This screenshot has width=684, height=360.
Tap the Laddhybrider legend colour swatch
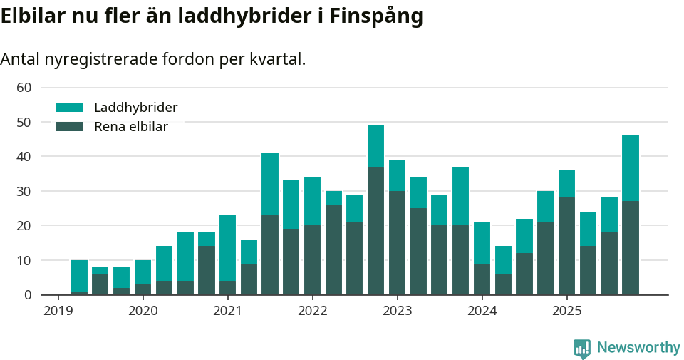[70, 108]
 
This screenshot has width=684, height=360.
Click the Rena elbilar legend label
[131, 127]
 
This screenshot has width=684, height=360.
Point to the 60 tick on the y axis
[24, 87]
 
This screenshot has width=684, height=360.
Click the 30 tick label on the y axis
[24, 191]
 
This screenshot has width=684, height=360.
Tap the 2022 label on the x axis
[312, 311]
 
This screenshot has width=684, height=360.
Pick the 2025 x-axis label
[566, 311]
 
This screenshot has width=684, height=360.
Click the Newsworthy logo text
[638, 348]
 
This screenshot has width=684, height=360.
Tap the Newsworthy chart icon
[582, 348]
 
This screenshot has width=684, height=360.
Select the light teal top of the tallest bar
[375, 146]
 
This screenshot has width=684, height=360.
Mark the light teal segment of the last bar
[630, 168]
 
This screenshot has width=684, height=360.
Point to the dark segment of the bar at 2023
[397, 242]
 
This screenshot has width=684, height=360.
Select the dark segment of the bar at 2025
[566, 246]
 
